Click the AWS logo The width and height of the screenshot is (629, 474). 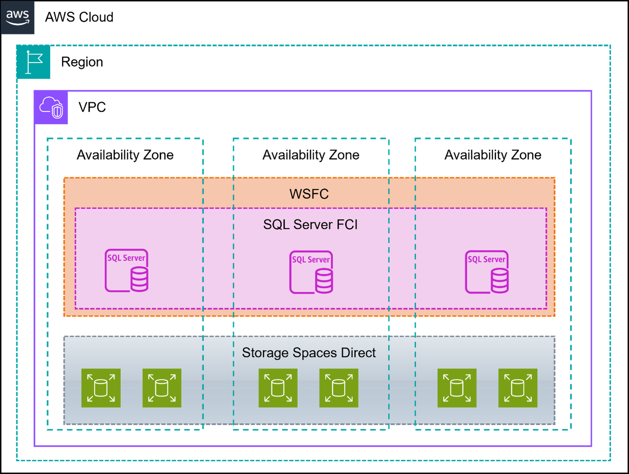click(x=18, y=18)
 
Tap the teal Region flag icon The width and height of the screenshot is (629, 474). click(x=33, y=62)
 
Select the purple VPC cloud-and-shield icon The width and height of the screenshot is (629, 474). click(x=51, y=108)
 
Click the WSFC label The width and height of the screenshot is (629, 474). click(x=309, y=194)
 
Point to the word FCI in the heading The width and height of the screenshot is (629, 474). click(x=347, y=225)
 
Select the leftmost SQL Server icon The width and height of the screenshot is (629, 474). click(x=126, y=271)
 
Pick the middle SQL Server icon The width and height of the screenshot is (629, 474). click(x=311, y=272)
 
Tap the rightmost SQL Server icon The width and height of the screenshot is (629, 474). click(x=486, y=272)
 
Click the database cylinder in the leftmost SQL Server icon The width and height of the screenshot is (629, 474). click(x=139, y=279)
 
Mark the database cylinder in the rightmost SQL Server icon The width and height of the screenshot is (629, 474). click(x=499, y=281)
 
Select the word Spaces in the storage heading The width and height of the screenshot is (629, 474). click(x=315, y=353)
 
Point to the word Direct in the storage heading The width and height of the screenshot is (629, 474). click(x=358, y=353)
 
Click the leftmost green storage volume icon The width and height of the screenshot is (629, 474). click(x=101, y=388)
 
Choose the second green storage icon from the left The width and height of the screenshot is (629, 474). click(x=162, y=388)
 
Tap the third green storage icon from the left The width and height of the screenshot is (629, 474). click(x=278, y=388)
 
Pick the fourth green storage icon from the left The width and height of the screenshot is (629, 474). click(x=339, y=388)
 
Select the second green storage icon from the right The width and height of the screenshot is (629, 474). click(x=457, y=388)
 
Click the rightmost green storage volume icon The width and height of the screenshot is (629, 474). click(x=518, y=388)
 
